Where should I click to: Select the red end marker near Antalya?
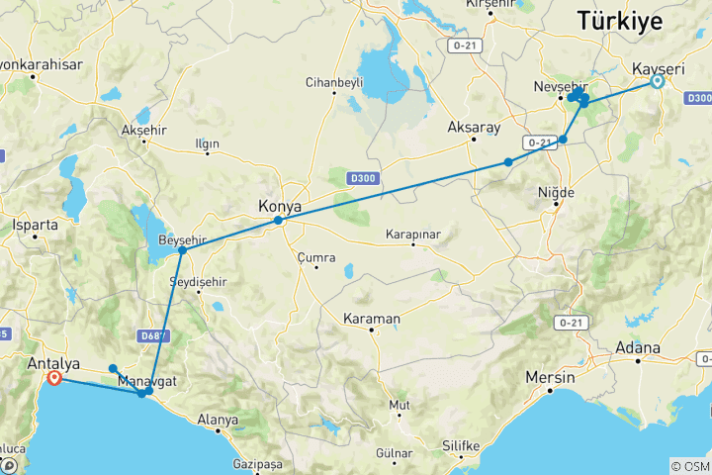(54, 378)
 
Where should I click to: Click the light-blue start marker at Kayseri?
(656, 83)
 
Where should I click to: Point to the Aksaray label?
(475, 129)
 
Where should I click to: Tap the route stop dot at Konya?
(279, 221)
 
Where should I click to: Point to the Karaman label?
(371, 319)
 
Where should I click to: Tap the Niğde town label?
(556, 192)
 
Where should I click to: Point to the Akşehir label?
(138, 131)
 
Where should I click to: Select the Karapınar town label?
(412, 235)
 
